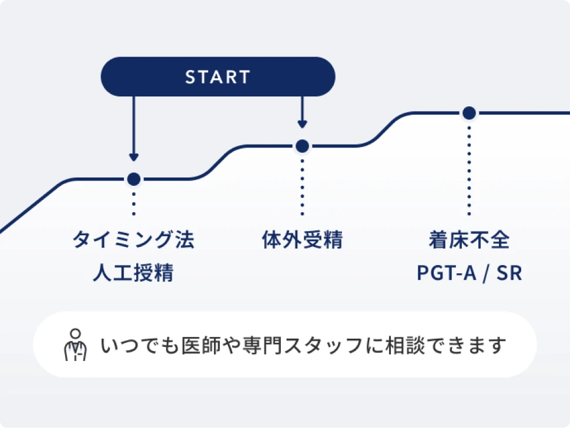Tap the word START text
coord(218,77)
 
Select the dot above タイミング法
coord(133,179)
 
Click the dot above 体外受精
coord(302,146)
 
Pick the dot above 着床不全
coord(468,113)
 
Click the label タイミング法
coord(133,240)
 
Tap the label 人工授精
coord(133,273)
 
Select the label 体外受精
coord(302,240)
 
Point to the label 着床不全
coord(468,240)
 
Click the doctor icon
coord(75,345)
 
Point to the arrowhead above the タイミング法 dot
coord(133,157)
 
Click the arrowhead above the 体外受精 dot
coord(302,124)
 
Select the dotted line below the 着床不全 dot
coord(468,170)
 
